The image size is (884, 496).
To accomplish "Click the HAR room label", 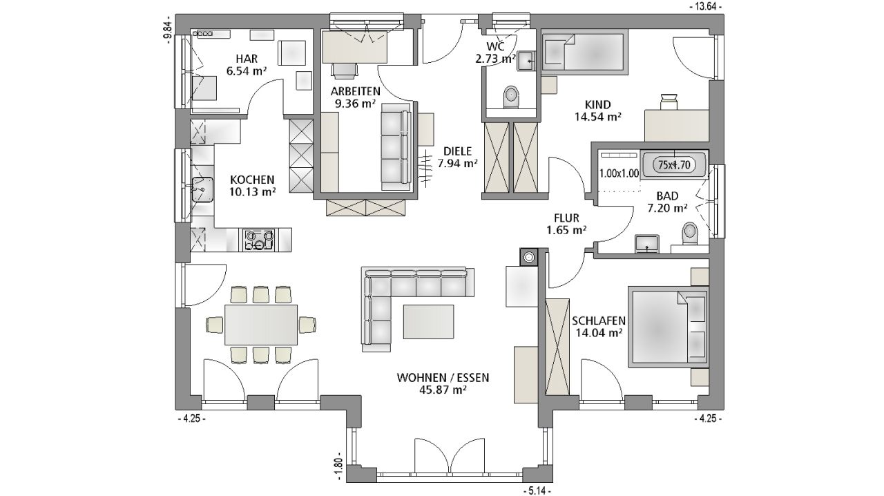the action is pyautogui.click(x=247, y=59).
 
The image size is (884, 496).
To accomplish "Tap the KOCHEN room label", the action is pyautogui.click(x=252, y=180).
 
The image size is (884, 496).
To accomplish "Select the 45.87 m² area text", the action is pyautogui.click(x=443, y=390).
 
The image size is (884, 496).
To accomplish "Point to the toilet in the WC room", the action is pyautogui.click(x=512, y=97).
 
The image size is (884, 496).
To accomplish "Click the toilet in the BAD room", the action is pyautogui.click(x=690, y=233).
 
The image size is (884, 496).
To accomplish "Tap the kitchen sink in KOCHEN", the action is pyautogui.click(x=202, y=189).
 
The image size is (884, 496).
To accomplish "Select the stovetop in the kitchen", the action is pyautogui.click(x=259, y=240).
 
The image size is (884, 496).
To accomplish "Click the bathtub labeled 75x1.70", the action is pyautogui.click(x=674, y=164).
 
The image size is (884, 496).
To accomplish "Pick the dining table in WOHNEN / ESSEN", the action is pyautogui.click(x=261, y=325).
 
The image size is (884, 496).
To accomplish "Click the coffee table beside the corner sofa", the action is pyautogui.click(x=428, y=321).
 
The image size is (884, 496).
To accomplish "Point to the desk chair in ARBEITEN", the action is pyautogui.click(x=345, y=70).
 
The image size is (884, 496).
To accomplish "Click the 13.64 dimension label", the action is pyautogui.click(x=707, y=7).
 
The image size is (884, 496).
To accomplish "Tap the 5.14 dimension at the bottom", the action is pyautogui.click(x=537, y=491).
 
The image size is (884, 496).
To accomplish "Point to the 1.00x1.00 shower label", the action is pyautogui.click(x=619, y=173).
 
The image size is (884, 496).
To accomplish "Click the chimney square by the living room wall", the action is pyautogui.click(x=529, y=257).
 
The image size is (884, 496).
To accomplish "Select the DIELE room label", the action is pyautogui.click(x=457, y=151).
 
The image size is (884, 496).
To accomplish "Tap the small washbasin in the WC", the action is pyautogui.click(x=526, y=61).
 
